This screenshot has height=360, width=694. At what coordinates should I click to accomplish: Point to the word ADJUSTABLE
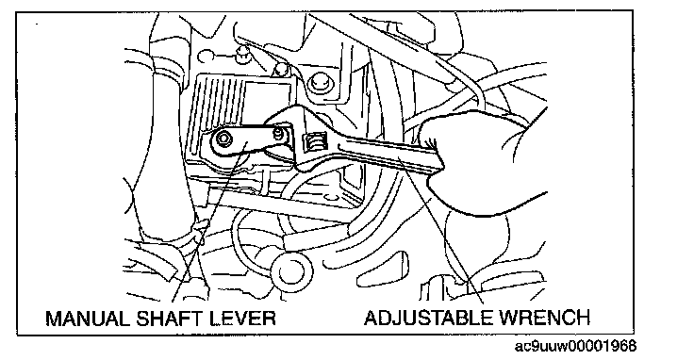pyautogui.click(x=428, y=318)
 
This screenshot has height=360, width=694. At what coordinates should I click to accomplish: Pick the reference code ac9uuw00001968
pyautogui.click(x=575, y=345)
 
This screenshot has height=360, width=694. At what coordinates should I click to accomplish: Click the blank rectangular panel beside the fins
pyautogui.click(x=267, y=99)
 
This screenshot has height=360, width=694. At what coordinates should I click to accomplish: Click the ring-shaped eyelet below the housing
pyautogui.click(x=291, y=270)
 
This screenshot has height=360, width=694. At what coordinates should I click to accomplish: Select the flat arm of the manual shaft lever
pyautogui.click(x=249, y=138)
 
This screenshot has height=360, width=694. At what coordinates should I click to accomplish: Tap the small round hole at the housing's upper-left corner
pyautogui.click(x=204, y=57)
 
